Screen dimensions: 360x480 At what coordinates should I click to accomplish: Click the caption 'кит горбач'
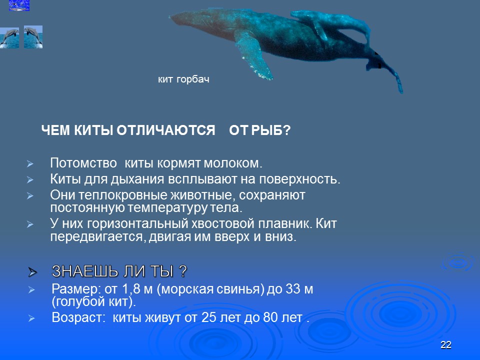click(x=183, y=79)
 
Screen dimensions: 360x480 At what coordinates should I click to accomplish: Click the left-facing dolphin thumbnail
click(x=9, y=37)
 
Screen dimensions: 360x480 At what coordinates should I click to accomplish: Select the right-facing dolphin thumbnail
click(x=33, y=37)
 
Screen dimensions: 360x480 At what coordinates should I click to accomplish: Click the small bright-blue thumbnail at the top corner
click(x=19, y=5)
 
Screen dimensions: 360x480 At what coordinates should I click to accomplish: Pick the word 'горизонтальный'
click(x=123, y=222)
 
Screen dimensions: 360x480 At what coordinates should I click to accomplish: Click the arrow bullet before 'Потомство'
click(x=29, y=164)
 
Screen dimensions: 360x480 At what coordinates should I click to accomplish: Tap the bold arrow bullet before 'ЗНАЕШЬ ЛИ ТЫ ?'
click(x=33, y=272)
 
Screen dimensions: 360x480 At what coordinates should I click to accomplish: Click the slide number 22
click(x=446, y=345)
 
